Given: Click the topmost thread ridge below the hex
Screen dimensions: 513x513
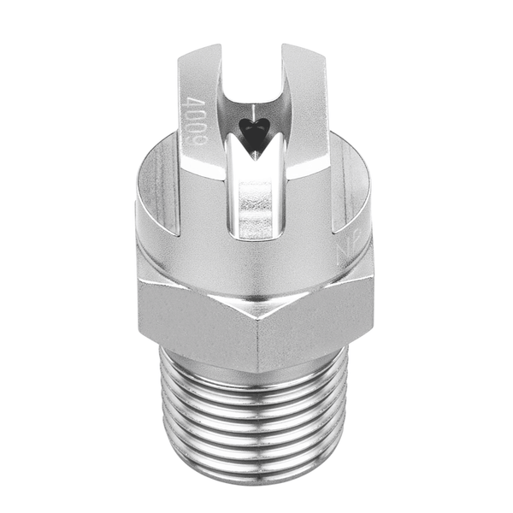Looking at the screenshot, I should tap(256, 376).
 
